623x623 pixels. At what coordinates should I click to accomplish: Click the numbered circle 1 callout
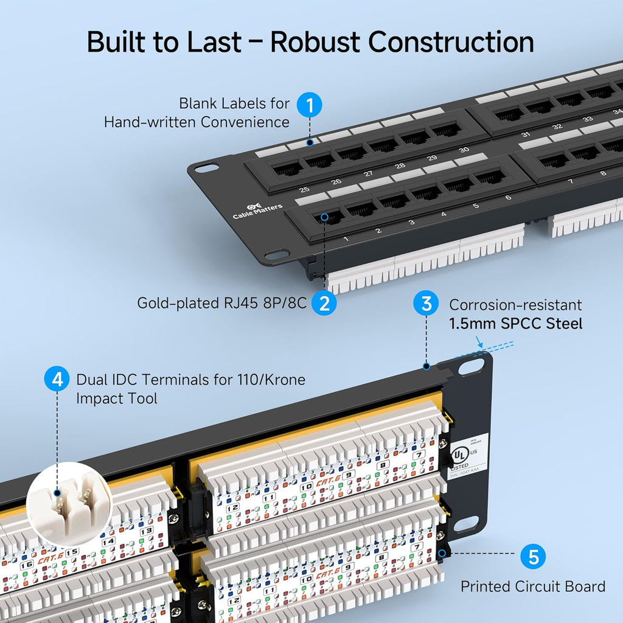[x=310, y=105]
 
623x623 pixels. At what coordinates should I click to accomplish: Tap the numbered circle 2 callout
[x=324, y=302]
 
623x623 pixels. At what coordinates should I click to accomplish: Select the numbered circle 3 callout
[x=426, y=303]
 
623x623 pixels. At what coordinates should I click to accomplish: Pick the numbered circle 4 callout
[x=57, y=380]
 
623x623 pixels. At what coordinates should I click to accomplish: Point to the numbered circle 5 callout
[x=533, y=556]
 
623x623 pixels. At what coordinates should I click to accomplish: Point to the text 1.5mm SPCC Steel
[x=515, y=324]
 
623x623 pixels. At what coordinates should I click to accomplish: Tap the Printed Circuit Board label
[x=532, y=586]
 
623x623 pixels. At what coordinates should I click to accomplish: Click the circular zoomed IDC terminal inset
[x=69, y=503]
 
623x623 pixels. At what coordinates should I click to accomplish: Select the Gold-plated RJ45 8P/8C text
[x=221, y=302]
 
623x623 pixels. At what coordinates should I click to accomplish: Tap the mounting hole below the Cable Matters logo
[x=278, y=254]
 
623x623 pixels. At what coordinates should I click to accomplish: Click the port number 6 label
[x=507, y=198]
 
